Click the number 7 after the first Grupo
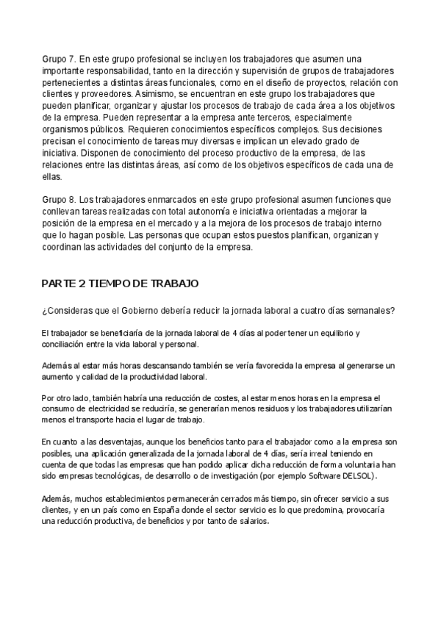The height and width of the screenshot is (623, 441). pos(71,59)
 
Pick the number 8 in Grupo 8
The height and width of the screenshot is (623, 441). pos(71,200)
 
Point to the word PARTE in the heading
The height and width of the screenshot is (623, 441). pos(60,284)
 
